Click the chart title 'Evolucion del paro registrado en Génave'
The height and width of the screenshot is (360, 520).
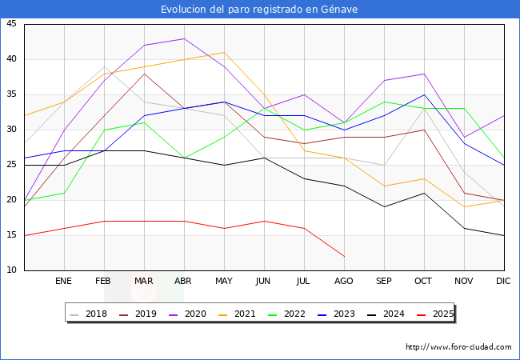point(259,10)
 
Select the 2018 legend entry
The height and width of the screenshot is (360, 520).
point(89,314)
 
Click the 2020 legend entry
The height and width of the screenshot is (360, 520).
point(188,314)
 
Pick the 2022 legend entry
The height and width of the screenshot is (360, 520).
point(287,314)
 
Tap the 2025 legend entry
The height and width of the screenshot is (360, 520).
point(435,314)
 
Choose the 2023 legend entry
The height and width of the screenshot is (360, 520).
point(336,314)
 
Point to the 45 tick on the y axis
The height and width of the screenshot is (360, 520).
point(11,24)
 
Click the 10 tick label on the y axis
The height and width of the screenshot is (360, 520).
point(11,270)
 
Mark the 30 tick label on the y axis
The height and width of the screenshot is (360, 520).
point(11,130)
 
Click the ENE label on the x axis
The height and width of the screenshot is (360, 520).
point(63,281)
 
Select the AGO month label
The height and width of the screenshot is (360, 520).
point(343,281)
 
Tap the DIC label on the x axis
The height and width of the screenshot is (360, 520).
point(503,281)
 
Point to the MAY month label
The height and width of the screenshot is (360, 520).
point(224,281)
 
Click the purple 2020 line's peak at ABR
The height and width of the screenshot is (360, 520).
point(184,38)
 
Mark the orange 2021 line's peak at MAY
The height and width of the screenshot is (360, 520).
point(225,52)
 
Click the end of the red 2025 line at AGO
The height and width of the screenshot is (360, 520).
point(344,256)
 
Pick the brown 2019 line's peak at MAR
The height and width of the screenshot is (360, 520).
point(144,74)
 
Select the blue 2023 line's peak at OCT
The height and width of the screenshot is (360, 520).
point(424,95)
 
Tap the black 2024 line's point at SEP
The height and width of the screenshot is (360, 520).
point(384,207)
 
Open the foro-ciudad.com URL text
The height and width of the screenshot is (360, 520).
point(458,347)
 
